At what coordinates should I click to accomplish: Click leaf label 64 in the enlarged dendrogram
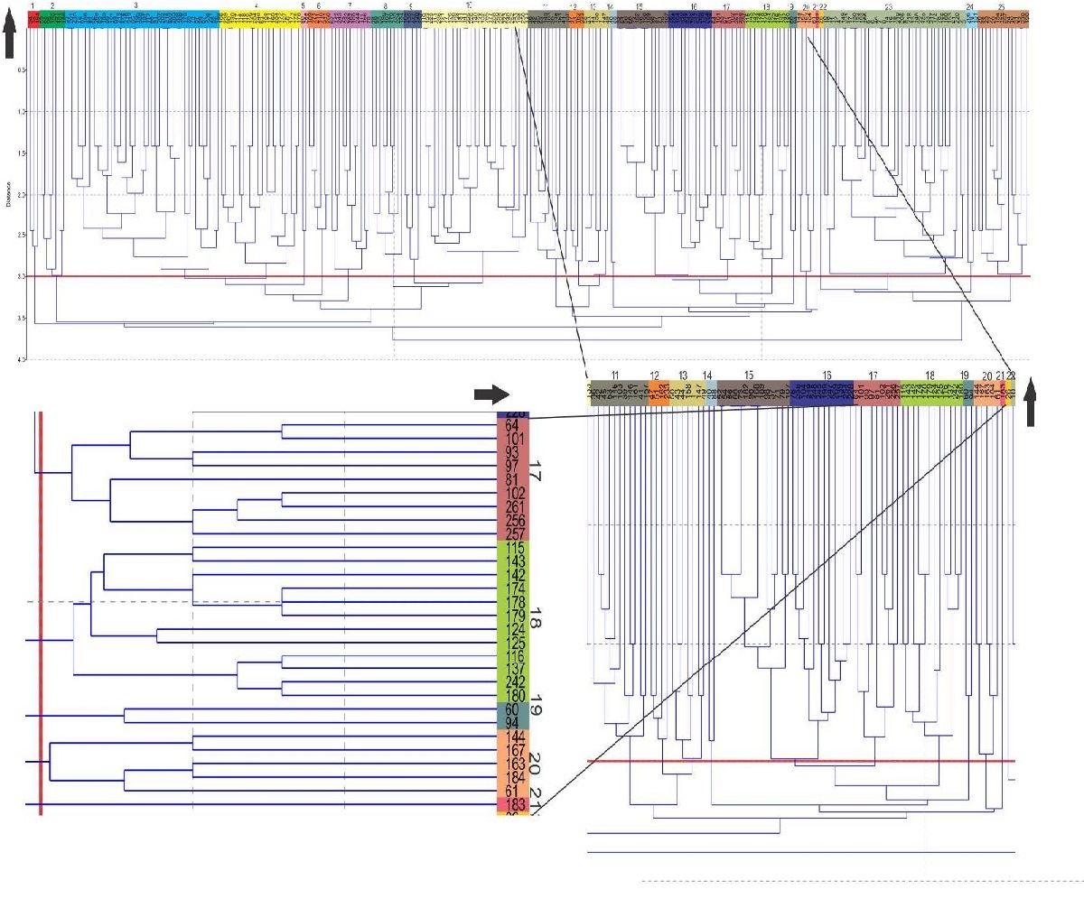point(511,425)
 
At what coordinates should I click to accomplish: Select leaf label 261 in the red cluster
point(511,507)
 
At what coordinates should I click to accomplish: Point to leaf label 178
point(511,602)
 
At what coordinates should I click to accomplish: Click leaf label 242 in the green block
point(511,682)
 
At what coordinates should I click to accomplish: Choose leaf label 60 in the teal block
point(511,710)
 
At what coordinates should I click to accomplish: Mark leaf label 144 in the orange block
point(511,737)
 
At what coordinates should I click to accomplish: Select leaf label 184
point(511,778)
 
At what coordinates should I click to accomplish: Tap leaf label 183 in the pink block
point(511,805)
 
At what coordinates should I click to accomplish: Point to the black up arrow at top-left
point(10,40)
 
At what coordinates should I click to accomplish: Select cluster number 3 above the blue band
point(135,5)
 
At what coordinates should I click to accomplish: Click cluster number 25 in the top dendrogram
point(1001,6)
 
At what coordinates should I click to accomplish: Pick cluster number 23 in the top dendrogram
point(889,6)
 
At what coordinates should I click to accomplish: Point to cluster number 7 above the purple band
point(349,6)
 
